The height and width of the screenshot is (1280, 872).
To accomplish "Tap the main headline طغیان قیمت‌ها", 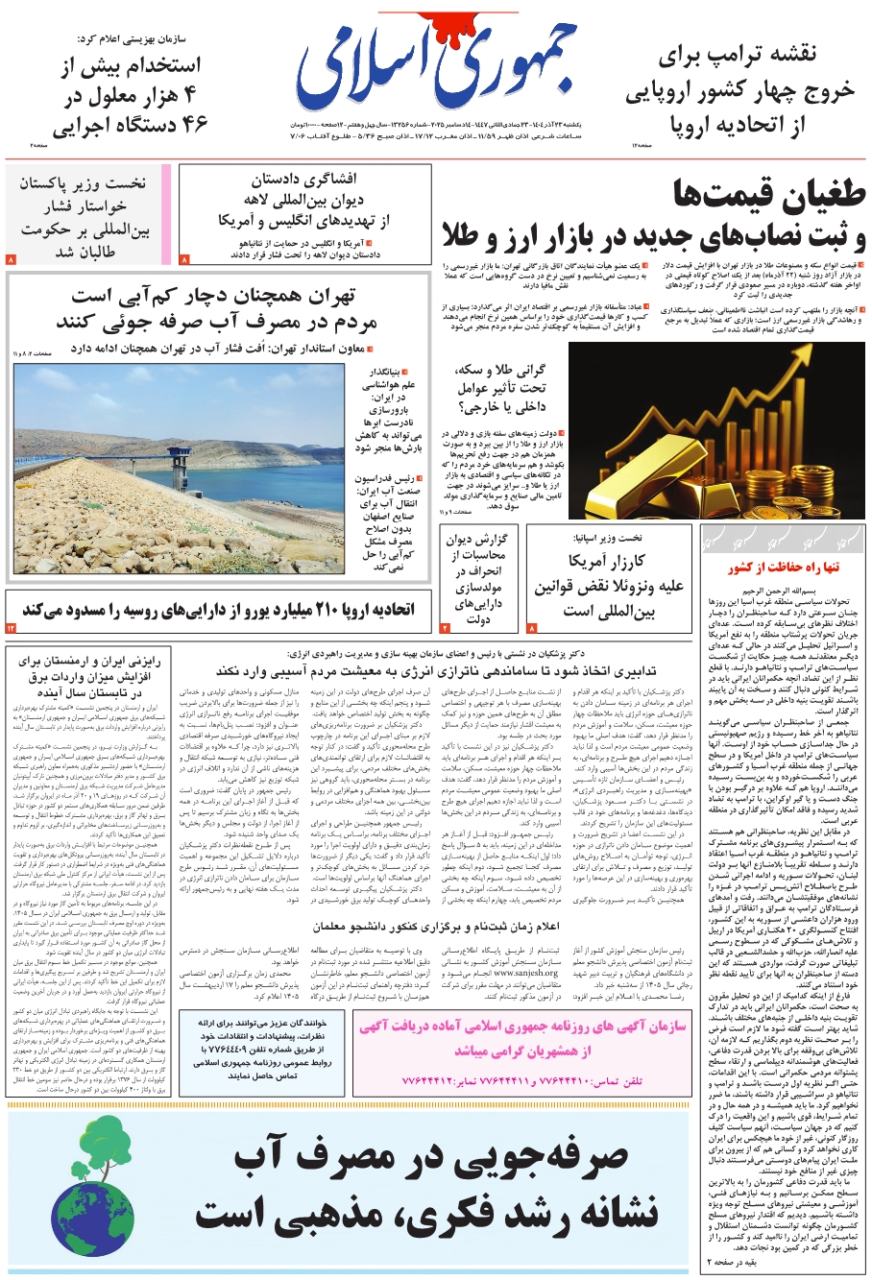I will pyautogui.click(x=769, y=196).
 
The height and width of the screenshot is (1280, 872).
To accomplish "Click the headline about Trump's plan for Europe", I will pyautogui.click(x=739, y=88).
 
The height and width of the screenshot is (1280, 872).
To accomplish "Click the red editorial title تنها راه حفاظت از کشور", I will pyautogui.click(x=783, y=568).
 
